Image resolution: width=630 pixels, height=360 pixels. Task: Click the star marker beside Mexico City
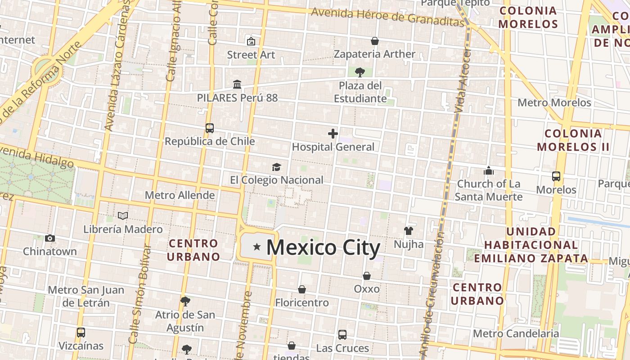[x=257, y=247]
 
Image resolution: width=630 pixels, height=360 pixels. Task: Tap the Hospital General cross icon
[x=333, y=134]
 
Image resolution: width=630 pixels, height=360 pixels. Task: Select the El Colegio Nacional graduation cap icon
[x=276, y=167]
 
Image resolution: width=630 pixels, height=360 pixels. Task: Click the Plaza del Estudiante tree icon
[x=360, y=72]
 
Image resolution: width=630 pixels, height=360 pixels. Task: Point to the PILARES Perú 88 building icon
[x=237, y=84]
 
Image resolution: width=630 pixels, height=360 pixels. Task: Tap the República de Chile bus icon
[x=210, y=128]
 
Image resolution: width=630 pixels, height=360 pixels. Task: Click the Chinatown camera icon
[x=50, y=238]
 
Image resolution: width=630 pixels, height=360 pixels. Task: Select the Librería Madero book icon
[x=123, y=216]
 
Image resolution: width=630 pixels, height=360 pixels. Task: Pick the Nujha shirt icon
[x=408, y=231]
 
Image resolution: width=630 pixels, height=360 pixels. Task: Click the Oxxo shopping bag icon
[x=367, y=276]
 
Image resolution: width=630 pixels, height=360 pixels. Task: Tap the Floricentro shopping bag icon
[x=302, y=289]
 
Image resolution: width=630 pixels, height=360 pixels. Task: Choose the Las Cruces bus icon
[x=342, y=335]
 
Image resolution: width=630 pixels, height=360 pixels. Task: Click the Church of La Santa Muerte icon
[x=489, y=171]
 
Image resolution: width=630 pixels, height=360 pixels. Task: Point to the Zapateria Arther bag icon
[x=374, y=41]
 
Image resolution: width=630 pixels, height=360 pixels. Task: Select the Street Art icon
[x=251, y=41]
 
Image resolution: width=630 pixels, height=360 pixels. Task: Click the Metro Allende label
[x=180, y=195]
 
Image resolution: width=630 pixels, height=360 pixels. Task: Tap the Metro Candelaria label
[x=516, y=333]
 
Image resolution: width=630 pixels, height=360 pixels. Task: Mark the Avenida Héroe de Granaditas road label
[x=387, y=17]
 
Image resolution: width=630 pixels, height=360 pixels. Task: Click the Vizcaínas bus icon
[x=81, y=333]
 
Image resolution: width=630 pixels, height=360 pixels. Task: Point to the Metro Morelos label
[x=554, y=103]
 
